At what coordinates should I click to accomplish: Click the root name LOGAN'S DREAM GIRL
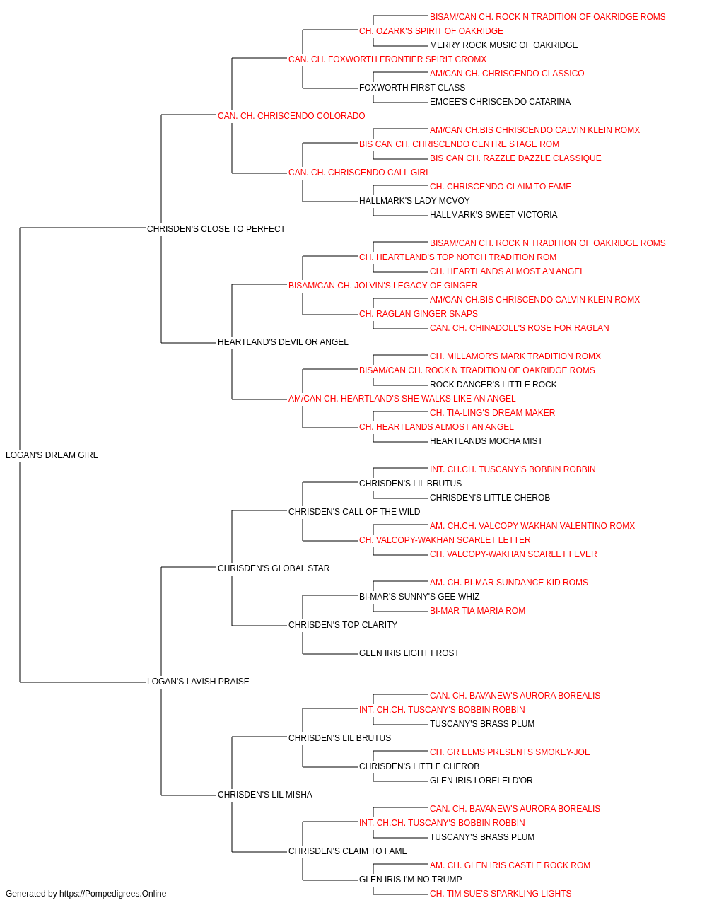click(x=52, y=455)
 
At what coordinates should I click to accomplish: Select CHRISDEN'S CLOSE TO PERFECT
click(x=216, y=229)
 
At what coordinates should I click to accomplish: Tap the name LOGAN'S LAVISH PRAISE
click(x=198, y=682)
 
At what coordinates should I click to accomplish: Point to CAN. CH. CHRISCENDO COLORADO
click(x=291, y=116)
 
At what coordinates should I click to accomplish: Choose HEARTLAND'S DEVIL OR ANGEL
click(x=283, y=342)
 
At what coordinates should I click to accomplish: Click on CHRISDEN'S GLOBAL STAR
click(x=274, y=568)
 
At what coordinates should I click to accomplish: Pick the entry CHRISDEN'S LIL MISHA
click(x=265, y=795)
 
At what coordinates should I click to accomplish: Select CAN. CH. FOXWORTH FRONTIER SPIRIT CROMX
click(x=387, y=59)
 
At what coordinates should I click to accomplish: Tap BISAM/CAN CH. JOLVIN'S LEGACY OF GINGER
click(x=382, y=286)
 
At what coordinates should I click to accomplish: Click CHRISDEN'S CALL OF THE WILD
click(x=354, y=512)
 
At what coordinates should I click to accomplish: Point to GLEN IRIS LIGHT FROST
click(x=409, y=653)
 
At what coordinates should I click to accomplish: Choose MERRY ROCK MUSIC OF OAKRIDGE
click(x=504, y=45)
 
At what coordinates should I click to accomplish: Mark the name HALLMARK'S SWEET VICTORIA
click(x=493, y=215)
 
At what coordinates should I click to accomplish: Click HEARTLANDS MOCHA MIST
click(x=486, y=441)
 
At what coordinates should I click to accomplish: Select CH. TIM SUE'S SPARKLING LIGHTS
click(x=501, y=894)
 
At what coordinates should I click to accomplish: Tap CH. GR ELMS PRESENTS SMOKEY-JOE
click(x=510, y=752)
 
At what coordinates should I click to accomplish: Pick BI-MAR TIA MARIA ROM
click(x=478, y=611)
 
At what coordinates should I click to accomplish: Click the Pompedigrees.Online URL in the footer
click(x=113, y=894)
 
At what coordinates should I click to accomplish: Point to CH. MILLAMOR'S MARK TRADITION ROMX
click(x=515, y=356)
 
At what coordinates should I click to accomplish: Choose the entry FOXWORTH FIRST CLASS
click(x=412, y=88)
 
